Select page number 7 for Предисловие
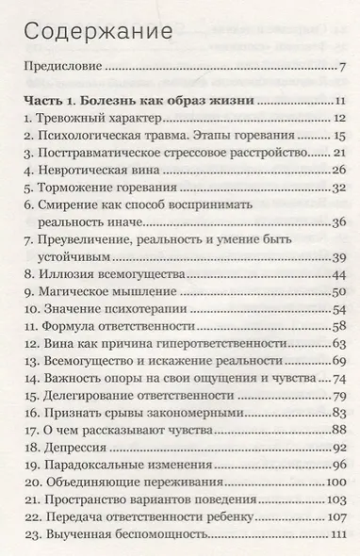tap(343, 68)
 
